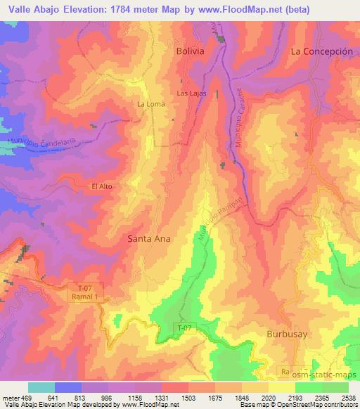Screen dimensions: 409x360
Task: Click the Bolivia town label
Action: click(x=191, y=52)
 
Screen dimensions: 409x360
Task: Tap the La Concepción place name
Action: click(x=321, y=52)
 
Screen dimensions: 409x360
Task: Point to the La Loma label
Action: click(x=150, y=105)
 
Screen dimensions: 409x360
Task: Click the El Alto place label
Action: click(x=102, y=186)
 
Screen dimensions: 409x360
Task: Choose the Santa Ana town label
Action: click(x=148, y=238)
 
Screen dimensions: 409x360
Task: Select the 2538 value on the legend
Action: click(x=349, y=397)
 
